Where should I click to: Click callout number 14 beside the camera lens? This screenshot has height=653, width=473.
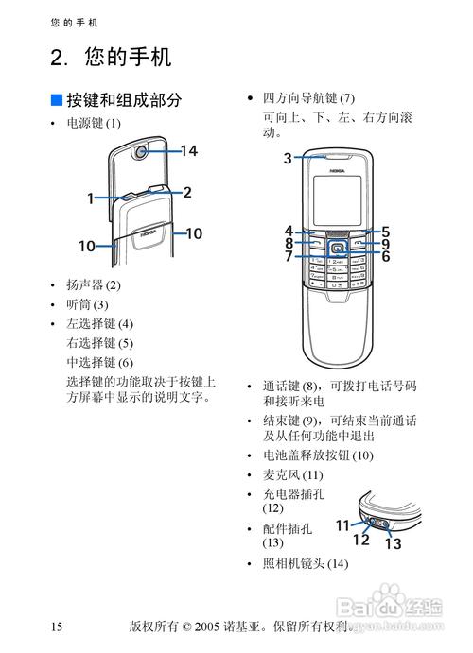pos(188,150)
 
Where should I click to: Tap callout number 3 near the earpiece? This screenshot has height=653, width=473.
pos(288,159)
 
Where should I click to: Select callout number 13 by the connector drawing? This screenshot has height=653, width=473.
pos(393,543)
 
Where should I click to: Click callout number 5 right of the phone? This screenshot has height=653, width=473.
pos(386,231)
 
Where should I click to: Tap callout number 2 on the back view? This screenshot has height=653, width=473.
pos(187,192)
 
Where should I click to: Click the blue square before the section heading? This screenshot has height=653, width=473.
pos(56,100)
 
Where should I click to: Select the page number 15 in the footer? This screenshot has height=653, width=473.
pos(57,627)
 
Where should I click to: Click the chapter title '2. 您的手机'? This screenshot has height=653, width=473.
pos(111,58)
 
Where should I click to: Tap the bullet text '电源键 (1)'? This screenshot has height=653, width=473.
pos(94,124)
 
